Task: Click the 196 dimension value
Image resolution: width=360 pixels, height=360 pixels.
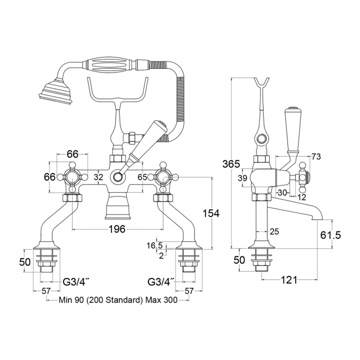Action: coord(117,229)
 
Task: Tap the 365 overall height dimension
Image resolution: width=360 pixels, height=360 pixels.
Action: coord(231,164)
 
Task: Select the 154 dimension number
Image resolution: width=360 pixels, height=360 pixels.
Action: coord(211,214)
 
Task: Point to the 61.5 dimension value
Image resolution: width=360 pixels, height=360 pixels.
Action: coord(331,235)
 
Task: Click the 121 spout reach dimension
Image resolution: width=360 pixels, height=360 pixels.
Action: coord(289,280)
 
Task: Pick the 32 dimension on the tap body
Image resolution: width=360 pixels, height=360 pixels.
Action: coord(99,177)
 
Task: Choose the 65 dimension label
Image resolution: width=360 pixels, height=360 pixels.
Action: coord(142,177)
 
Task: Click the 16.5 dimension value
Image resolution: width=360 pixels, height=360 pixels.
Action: coord(155,245)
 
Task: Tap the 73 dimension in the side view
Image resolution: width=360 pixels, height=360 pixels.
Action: coord(316,157)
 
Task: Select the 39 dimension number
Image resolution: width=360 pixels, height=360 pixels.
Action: coord(242,178)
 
